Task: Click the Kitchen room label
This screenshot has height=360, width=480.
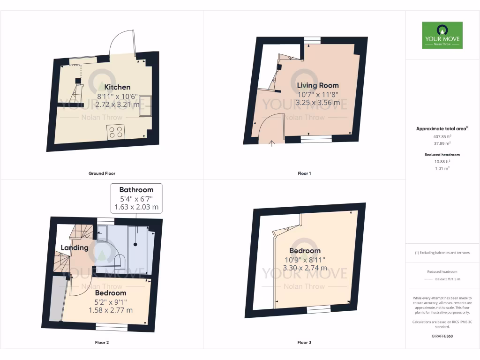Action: coord(117,87)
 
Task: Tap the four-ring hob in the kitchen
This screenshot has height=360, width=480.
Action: coord(116,132)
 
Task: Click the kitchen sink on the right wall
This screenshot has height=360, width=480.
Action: coord(145,105)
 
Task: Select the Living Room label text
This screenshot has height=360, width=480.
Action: coord(318,85)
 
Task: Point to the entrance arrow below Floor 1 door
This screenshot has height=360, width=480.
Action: coord(272,143)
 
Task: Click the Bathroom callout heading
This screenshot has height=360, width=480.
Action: coord(136,190)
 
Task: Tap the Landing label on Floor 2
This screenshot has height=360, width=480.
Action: coord(74,247)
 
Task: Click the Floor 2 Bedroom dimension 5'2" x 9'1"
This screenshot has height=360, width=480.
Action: coord(111,302)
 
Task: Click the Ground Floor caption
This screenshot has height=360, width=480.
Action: coord(102,173)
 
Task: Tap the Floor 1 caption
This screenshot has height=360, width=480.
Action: coord(304,173)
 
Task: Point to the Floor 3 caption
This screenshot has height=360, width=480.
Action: coord(304,343)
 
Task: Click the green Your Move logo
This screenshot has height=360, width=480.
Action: coord(442,35)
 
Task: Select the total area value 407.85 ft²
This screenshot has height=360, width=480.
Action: coord(442,137)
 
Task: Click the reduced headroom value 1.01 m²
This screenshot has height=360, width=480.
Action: coord(442,168)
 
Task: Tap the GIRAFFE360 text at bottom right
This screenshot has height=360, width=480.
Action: coord(442,336)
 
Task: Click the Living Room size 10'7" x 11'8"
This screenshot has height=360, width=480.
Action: coord(318,95)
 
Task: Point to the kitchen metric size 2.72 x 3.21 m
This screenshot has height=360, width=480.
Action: coord(117,105)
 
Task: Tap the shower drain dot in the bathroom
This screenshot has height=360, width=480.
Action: coord(135,244)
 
